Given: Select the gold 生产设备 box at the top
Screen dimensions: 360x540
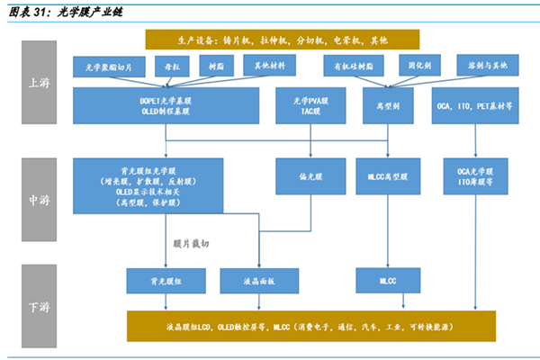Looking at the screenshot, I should coord(282,40).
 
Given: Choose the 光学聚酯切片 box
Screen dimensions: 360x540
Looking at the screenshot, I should coord(108,67).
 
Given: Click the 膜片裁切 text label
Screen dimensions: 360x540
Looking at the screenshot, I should coord(192,243).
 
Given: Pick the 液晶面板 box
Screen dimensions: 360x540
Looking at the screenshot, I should coord(259,281).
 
